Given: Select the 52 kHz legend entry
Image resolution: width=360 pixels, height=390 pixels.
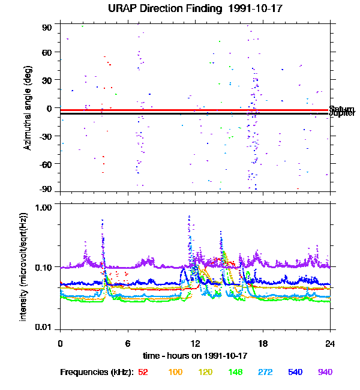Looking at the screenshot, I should (143, 372).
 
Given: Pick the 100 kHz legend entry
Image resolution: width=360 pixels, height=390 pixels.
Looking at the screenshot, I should (175, 372).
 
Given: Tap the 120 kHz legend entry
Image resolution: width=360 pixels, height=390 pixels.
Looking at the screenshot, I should (206, 372).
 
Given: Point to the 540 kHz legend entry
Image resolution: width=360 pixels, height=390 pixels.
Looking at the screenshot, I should (295, 372).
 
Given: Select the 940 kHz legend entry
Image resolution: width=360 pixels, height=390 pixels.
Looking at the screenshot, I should (325, 372).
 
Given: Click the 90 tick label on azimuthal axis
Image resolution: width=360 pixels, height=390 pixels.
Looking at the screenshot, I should (47, 28).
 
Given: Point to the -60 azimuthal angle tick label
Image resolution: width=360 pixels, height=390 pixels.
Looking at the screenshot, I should (45, 164).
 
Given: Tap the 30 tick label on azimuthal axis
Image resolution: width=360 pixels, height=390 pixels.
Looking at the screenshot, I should (47, 80).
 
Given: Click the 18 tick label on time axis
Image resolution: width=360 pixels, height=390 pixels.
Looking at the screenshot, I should (262, 343).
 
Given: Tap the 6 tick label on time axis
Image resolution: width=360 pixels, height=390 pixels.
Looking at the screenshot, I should (128, 343).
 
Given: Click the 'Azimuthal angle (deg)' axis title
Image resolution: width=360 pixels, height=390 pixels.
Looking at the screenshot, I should (28, 108).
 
